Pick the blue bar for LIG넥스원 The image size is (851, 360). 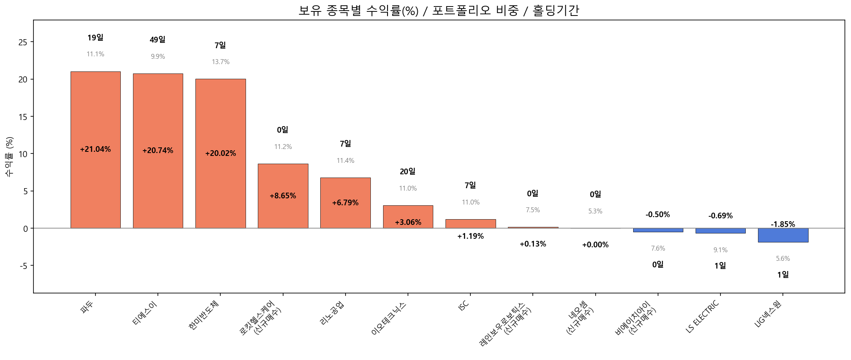click(x=783, y=235)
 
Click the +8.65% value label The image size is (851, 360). click(x=283, y=196)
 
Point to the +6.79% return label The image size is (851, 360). click(x=345, y=203)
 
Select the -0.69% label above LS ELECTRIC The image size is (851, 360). click(x=720, y=216)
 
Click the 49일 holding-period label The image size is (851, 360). click(x=157, y=40)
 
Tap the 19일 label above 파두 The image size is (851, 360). click(x=95, y=38)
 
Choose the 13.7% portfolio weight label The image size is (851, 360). click(x=220, y=62)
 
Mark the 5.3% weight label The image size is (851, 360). click(x=595, y=211)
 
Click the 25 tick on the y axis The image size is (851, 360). click(x=23, y=42)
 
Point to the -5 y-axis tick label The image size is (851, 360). click(x=24, y=266)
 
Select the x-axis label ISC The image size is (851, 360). click(x=464, y=306)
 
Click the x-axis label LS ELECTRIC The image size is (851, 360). click(x=703, y=317)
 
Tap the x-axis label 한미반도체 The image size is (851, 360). click(x=204, y=315)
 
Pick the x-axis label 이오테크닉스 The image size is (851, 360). click(x=389, y=319)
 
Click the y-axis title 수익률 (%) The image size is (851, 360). click(x=9, y=157)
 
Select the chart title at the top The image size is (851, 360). click(x=439, y=10)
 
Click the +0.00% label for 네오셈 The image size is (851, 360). click(x=595, y=245)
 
